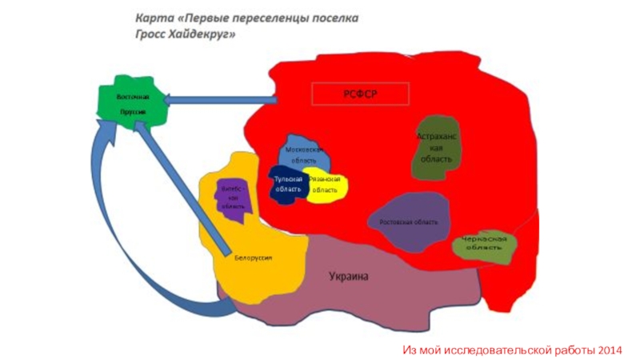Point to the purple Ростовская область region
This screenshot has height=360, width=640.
pyautogui.click(x=409, y=222)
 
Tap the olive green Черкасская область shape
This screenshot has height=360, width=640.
pyautogui.click(x=484, y=246)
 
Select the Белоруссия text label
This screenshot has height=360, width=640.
pyautogui.click(x=253, y=258)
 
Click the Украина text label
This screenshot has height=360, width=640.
pyautogui.click(x=350, y=277)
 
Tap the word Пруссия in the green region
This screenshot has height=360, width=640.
pyautogui.click(x=132, y=112)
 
